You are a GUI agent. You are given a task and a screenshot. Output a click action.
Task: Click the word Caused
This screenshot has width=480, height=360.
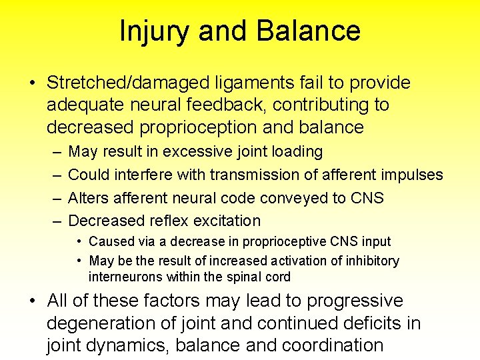(109, 241)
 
